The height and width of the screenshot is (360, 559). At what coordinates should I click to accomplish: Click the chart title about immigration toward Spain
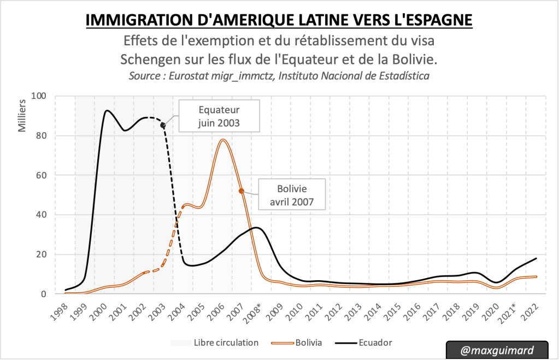pyautogui.click(x=279, y=21)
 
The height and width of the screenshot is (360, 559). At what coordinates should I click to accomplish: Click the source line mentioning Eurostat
pyautogui.click(x=279, y=76)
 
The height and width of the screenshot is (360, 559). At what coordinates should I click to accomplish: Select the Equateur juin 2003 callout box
pyautogui.click(x=219, y=116)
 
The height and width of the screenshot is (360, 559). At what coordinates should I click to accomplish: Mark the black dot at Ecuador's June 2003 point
pyautogui.click(x=163, y=125)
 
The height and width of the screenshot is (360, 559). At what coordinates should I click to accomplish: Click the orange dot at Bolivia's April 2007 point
pyautogui.click(x=241, y=191)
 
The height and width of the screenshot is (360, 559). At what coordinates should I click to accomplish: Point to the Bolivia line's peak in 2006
pyautogui.click(x=222, y=140)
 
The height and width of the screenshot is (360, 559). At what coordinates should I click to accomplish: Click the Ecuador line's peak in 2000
pyautogui.click(x=106, y=110)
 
